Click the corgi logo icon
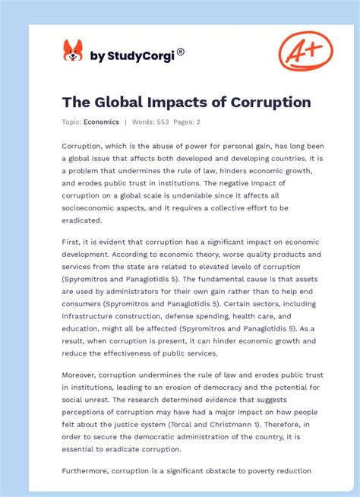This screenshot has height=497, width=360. pos(72,52)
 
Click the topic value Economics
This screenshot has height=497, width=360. pos(102,122)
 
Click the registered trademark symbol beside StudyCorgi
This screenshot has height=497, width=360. pos(180,52)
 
